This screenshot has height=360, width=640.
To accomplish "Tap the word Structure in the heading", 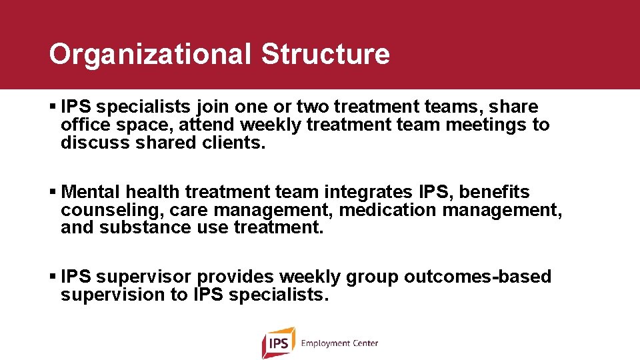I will (x=325, y=55).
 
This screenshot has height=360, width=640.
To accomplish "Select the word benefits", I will (x=494, y=193).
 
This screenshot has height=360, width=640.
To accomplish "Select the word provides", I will (x=235, y=277).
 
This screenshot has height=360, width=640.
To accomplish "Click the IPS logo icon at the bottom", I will (x=278, y=343).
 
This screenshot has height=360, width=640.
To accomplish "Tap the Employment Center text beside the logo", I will (x=339, y=343).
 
